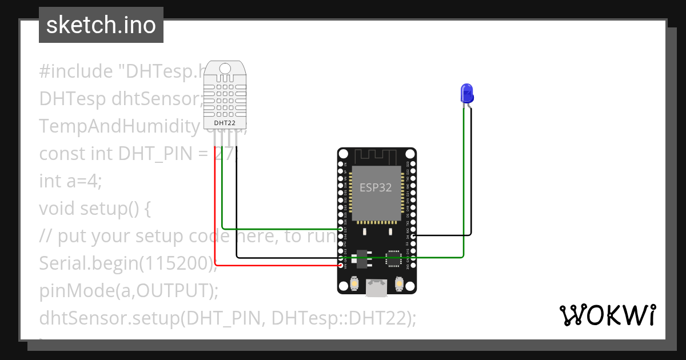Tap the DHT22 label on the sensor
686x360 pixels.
click(x=225, y=123)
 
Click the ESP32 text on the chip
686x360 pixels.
click(x=376, y=187)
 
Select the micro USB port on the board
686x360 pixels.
click(x=376, y=288)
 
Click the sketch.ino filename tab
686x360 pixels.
click(x=101, y=25)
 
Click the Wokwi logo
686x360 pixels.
click(x=607, y=315)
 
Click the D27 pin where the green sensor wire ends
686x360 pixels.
click(x=341, y=229)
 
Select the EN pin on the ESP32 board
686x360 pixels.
click(x=341, y=164)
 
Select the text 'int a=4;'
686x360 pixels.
click(x=70, y=181)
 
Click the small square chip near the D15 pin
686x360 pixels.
click(x=393, y=258)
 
